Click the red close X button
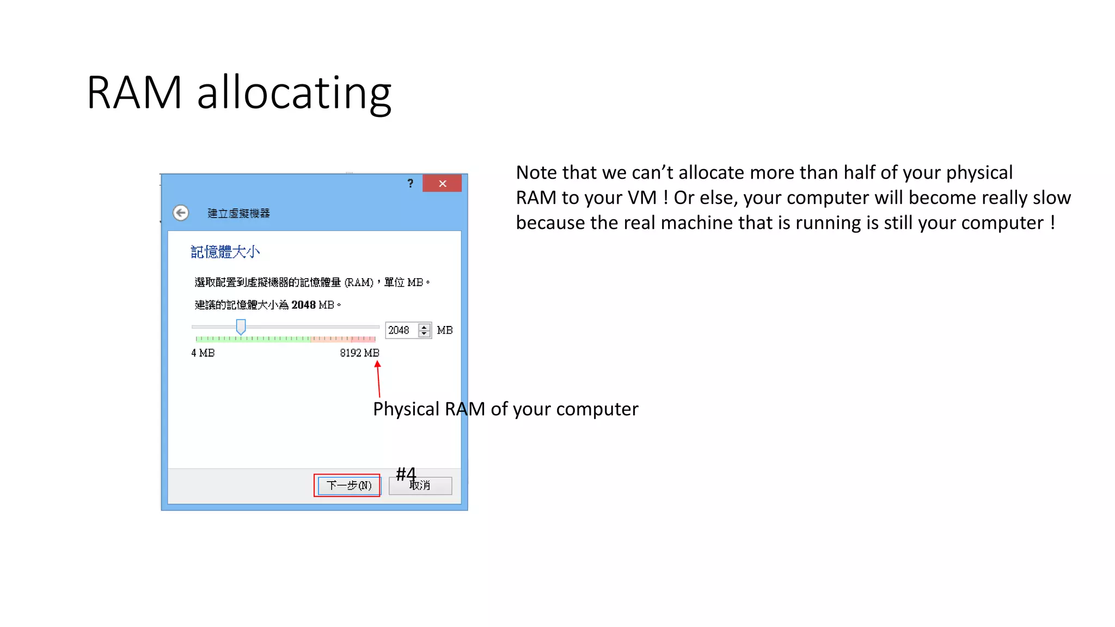tap(442, 183)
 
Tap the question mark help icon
tap(411, 183)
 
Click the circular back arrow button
tap(181, 213)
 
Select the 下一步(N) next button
tap(348, 485)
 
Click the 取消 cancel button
tap(420, 485)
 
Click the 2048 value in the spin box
tap(399, 330)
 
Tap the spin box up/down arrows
tap(424, 330)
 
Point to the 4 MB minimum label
tap(203, 353)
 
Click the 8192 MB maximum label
tap(359, 353)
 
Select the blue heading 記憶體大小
tap(225, 252)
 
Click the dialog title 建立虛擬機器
tap(238, 213)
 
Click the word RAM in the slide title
tap(134, 93)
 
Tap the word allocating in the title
tap(294, 94)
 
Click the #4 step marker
tap(406, 474)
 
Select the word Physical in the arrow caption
tap(406, 409)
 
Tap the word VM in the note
tap(642, 198)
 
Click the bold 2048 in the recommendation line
tap(303, 305)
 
